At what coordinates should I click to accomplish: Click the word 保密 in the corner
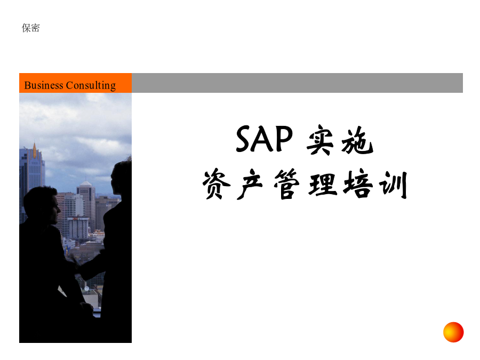30,28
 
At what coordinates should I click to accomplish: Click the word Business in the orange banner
44,85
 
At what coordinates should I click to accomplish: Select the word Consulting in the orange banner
91,85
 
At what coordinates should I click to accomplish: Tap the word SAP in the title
264,139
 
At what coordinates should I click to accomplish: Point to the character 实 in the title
320,140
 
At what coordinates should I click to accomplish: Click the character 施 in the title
357,140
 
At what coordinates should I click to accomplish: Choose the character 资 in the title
216,183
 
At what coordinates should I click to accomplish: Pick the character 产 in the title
250,184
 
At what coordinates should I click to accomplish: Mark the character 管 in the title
286,183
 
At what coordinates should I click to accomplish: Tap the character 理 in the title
323,185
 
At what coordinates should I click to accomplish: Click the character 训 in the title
394,185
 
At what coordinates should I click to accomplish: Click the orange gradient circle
453,332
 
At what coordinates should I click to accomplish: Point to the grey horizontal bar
297,83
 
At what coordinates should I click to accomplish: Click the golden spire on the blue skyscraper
35,150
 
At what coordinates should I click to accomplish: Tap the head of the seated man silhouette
42,204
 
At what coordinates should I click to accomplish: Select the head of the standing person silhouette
121,178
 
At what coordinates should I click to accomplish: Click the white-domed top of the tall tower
86,183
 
